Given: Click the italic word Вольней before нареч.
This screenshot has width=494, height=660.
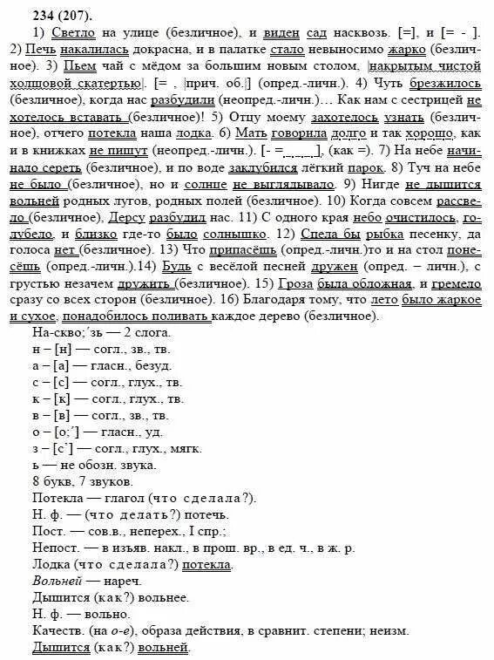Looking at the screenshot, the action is [x=56, y=580].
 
